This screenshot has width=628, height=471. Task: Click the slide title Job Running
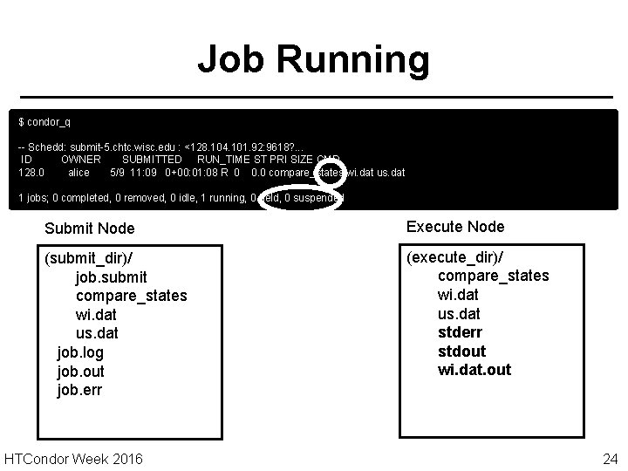[x=313, y=60]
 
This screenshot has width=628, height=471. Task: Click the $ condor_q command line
[x=45, y=120]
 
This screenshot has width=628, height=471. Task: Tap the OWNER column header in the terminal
[x=80, y=160]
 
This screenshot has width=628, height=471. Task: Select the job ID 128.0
[x=32, y=173]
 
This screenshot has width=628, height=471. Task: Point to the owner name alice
[x=78, y=173]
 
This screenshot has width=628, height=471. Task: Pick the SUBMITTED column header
[x=152, y=160]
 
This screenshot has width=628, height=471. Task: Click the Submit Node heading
[x=89, y=229]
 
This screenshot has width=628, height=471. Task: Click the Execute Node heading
[x=455, y=227]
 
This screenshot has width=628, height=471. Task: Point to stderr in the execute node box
[x=460, y=332]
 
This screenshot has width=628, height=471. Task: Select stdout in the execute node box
[x=461, y=351]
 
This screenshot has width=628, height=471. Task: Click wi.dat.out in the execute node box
[x=474, y=370]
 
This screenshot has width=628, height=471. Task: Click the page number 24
[x=610, y=459]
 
